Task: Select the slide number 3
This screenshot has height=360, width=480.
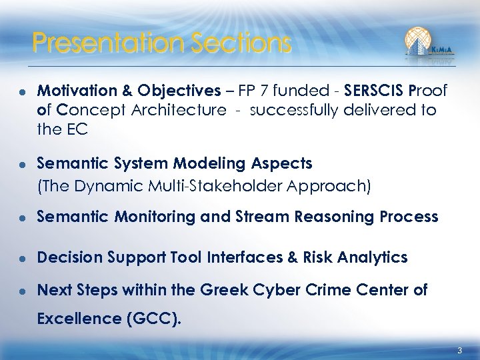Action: point(459,351)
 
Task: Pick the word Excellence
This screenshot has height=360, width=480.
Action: point(79,319)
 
